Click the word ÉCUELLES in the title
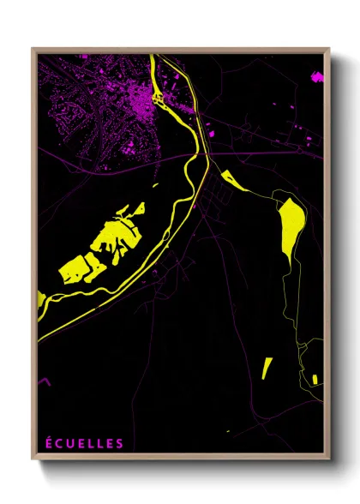pos(84,443)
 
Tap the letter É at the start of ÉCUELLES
pos(49,443)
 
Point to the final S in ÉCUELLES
pos(120,443)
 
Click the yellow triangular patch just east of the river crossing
pos(231,179)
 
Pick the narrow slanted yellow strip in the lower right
pos(267,368)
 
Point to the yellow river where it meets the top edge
pos(152,57)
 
